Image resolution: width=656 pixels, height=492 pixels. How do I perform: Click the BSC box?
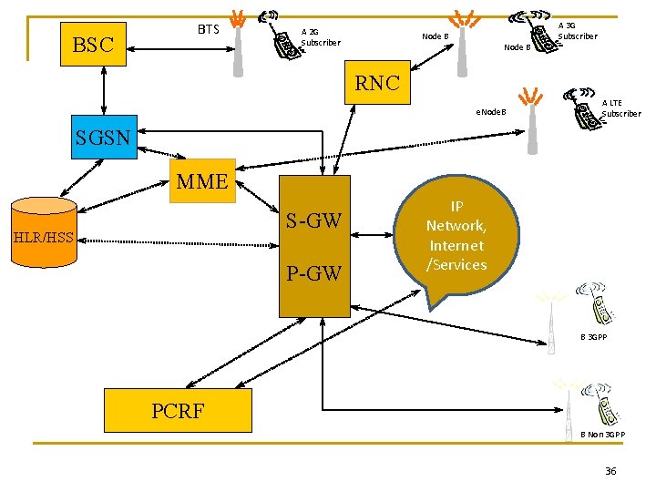coord(93,45)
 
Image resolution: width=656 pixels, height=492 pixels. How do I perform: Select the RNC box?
coord(377,83)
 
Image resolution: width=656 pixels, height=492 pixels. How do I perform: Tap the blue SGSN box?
coord(104,139)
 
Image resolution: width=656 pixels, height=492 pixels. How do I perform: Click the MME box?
coord(201,181)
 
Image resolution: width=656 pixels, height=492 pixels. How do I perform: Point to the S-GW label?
coord(313,220)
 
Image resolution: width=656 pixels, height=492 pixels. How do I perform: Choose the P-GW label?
coord(313,272)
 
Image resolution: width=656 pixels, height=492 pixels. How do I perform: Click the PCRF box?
coord(178,410)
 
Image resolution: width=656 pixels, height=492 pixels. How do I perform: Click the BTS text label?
coord(209,30)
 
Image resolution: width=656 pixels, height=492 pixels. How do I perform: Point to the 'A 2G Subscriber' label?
coord(320,36)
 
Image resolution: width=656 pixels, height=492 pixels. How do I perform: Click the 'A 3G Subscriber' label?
coord(577,31)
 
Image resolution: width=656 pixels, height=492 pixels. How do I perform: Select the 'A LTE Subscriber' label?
coord(620,108)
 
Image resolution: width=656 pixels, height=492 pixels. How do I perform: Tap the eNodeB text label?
coord(490,113)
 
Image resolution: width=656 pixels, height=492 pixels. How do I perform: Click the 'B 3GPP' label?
coord(594,337)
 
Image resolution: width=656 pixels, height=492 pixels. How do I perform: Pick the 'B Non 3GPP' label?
coord(602,435)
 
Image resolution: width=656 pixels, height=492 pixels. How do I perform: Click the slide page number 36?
coord(610,470)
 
